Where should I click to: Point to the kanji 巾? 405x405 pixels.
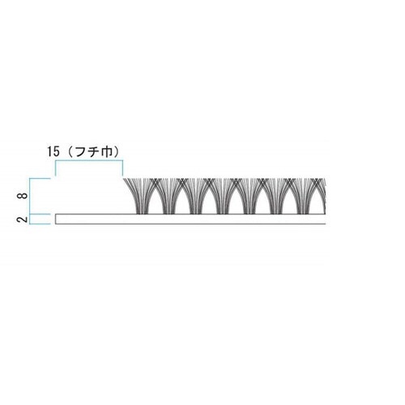pyautogui.click(x=109, y=151)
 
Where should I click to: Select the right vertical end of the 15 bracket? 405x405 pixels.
pyautogui.click(x=122, y=168)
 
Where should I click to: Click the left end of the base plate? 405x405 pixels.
pyautogui.click(x=56, y=219)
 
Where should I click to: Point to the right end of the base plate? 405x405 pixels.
pyautogui.click(x=322, y=219)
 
